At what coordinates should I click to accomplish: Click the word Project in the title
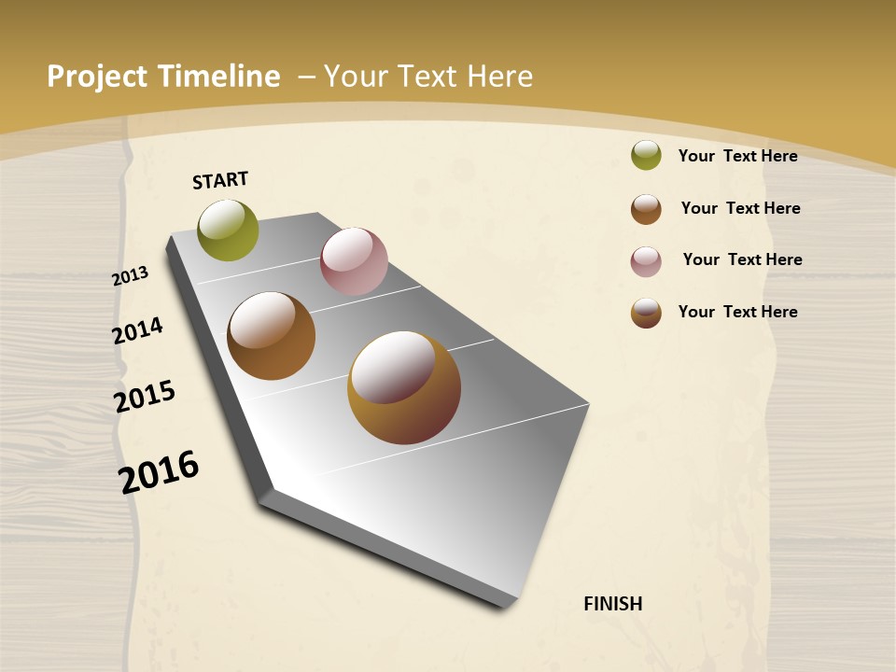point(97,77)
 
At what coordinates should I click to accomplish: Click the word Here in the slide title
point(499,77)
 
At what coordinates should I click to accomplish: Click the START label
point(220,180)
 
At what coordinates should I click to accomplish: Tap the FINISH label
point(613,604)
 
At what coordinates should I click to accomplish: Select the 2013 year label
point(130,276)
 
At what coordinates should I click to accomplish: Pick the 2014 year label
point(137,330)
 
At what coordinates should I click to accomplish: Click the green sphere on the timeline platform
point(229,230)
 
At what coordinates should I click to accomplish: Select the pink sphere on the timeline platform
point(354,261)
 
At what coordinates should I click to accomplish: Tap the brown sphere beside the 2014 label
point(272,336)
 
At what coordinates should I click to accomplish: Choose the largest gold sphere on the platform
point(404,387)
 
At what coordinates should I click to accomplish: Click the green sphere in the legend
point(646,155)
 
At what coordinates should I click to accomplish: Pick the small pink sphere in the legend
point(646,261)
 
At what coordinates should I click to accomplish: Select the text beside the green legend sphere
point(737,156)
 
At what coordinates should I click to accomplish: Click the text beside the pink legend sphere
point(742,259)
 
